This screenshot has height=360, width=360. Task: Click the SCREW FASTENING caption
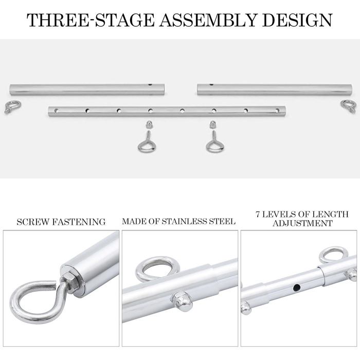(61, 222)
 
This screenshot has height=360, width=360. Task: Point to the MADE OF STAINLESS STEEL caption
(178, 221)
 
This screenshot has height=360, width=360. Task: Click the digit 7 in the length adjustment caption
(258, 214)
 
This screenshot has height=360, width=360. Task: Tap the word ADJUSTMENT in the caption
(302, 223)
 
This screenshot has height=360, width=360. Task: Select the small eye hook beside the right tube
(348, 106)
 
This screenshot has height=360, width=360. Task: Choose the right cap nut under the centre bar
(213, 124)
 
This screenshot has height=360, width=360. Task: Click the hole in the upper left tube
(150, 84)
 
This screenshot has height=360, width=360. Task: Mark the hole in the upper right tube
(211, 84)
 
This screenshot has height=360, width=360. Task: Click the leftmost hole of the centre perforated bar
(56, 111)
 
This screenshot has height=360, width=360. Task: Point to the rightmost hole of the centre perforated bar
(277, 111)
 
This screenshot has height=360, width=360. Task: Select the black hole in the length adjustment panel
(297, 287)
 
